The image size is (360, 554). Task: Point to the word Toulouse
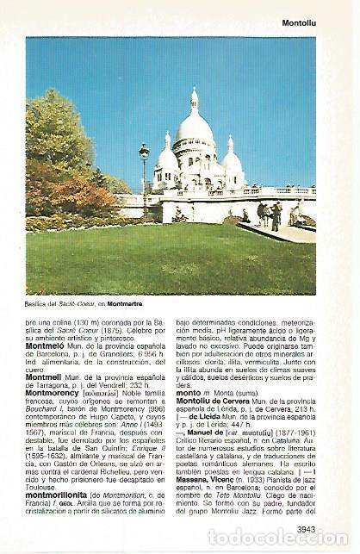43,488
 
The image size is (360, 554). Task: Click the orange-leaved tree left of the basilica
64,195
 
